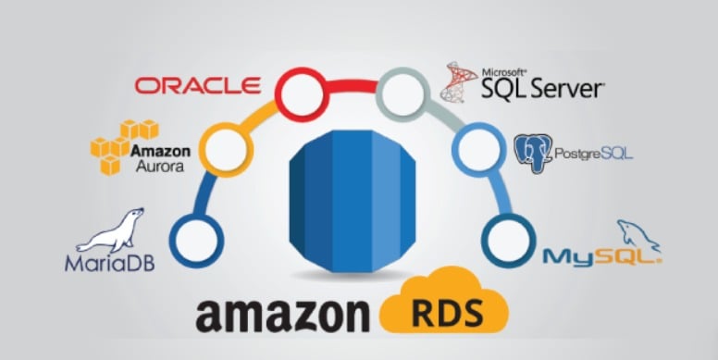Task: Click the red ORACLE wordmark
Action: coord(197,85)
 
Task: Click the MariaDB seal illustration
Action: coord(112,230)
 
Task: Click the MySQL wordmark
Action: coord(602,255)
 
